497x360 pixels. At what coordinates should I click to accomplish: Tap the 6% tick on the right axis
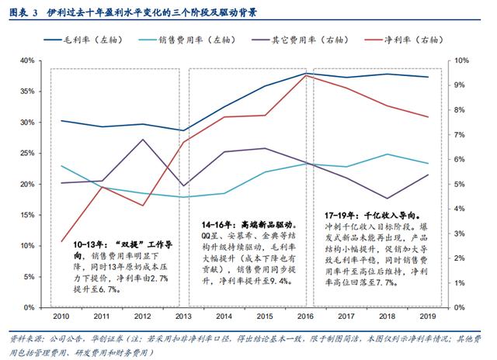point(459,159)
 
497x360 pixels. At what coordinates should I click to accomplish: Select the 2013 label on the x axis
point(182,317)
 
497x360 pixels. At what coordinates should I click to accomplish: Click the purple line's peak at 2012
point(142,140)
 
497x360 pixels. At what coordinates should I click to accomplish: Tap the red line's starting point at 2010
point(61,241)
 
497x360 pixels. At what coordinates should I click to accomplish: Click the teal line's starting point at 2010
point(61,166)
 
